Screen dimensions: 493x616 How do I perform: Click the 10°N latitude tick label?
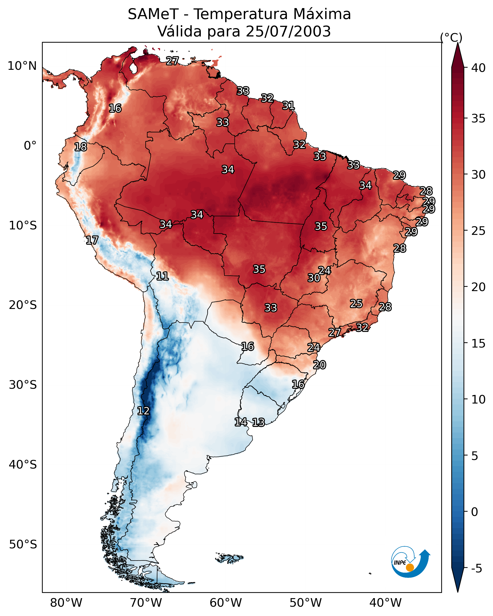tap(22, 66)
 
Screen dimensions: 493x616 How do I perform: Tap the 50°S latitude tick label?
tap(23, 545)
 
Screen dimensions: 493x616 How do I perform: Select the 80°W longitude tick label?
tap(66, 603)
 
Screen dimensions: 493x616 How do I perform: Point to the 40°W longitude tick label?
tap(385, 603)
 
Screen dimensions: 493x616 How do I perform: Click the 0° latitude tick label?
tap(30, 146)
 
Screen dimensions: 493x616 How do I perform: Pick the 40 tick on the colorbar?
tap(478, 68)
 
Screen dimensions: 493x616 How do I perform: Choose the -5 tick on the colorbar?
tap(477, 569)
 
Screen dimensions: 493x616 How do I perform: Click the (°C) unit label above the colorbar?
tap(451, 37)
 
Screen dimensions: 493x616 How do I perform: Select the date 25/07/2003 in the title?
tap(288, 31)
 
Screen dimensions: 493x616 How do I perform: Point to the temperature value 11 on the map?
tap(162, 276)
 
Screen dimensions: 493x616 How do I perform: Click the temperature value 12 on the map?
tap(143, 411)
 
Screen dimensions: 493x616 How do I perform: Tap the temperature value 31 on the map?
tap(288, 106)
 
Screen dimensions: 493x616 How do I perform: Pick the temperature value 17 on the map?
tap(92, 240)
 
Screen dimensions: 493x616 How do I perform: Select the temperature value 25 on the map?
tap(356, 303)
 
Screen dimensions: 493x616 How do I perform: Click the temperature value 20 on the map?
tap(319, 365)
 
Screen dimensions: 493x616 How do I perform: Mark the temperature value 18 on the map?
tap(80, 147)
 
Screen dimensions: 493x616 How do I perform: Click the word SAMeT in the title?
tap(153, 14)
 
